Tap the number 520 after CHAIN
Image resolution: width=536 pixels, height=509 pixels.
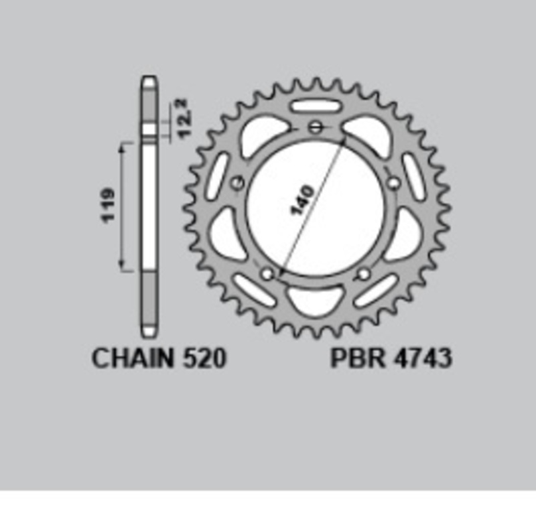pyautogui.click(x=203, y=359)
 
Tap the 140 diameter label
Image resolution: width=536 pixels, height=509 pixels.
pyautogui.click(x=303, y=200)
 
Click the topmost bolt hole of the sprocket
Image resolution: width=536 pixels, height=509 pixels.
pyautogui.click(x=316, y=127)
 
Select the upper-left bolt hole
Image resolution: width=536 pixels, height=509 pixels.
pyautogui.click(x=236, y=183)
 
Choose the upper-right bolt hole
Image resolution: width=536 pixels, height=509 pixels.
pyautogui.click(x=394, y=181)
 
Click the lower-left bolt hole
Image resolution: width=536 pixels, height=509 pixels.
pyautogui.click(x=268, y=273)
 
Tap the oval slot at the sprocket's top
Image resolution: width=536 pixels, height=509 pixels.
pyautogui.click(x=316, y=106)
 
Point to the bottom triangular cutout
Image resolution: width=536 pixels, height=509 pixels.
pyautogui.click(x=315, y=301)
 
